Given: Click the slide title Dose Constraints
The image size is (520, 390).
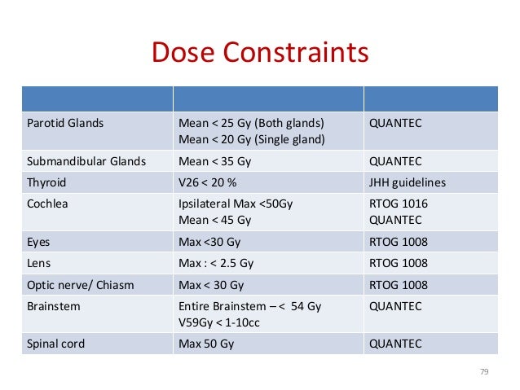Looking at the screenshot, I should pos(260,54).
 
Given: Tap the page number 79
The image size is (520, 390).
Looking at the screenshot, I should pos(484,371).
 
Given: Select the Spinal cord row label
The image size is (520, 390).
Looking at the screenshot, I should pos(55,344).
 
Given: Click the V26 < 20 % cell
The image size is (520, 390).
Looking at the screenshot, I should pos(214,183).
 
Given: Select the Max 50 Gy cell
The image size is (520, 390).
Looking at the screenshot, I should pos(206,344).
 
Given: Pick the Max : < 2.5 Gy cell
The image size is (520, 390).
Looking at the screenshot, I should pos(216,263).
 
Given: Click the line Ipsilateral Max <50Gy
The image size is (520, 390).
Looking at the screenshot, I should pos(235,204).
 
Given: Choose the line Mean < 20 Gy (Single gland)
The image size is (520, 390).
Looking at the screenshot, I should pos(251,139).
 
